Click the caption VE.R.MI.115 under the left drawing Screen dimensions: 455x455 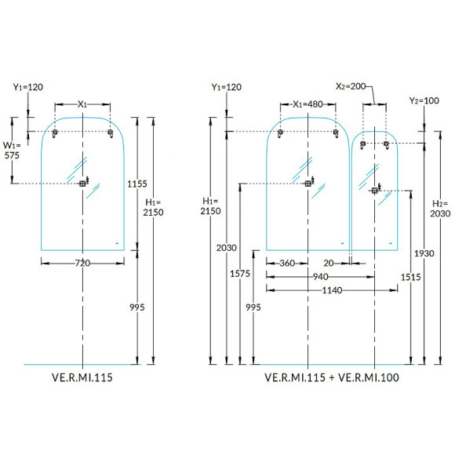point(82,377)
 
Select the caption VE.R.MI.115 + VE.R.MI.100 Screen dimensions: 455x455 point(332,377)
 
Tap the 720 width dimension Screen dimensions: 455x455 point(82,263)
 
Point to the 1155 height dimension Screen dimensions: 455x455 point(137,184)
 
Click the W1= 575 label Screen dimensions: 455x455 point(12,151)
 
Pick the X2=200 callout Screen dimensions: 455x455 point(351,86)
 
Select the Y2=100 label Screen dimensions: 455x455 point(424,100)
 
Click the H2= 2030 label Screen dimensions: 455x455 point(440,209)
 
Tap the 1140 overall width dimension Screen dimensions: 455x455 point(332,290)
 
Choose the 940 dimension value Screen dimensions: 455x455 point(320,277)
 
